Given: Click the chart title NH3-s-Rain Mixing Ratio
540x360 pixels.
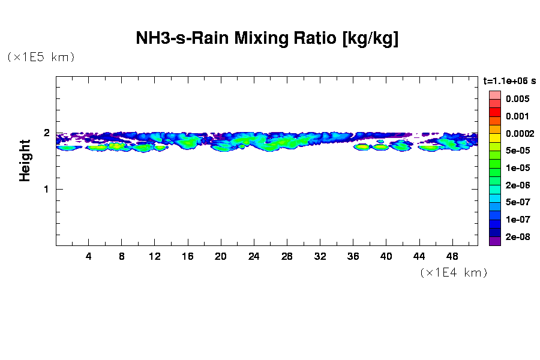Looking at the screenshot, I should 267,39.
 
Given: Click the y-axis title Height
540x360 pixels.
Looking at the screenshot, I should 25,160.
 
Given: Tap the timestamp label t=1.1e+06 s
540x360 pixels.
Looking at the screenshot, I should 509,80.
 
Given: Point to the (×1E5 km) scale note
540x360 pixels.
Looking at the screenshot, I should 41,57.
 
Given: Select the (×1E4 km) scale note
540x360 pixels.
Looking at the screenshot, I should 453,272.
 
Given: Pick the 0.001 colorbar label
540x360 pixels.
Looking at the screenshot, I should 517,116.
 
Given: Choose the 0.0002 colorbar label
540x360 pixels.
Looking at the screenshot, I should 519,133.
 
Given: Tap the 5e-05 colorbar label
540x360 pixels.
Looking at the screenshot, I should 517,151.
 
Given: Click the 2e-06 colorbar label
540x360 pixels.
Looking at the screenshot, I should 517,185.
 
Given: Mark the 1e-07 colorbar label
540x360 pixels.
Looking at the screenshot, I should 517,220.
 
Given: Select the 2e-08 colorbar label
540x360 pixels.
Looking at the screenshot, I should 517,237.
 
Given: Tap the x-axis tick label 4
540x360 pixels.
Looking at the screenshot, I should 88,257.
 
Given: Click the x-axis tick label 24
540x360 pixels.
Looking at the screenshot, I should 254,257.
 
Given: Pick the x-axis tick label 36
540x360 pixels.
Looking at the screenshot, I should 353,257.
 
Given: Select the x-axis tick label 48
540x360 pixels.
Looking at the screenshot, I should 452,257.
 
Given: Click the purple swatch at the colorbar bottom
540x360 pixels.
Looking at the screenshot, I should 494,241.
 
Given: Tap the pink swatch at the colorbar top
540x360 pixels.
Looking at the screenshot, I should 494,95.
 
